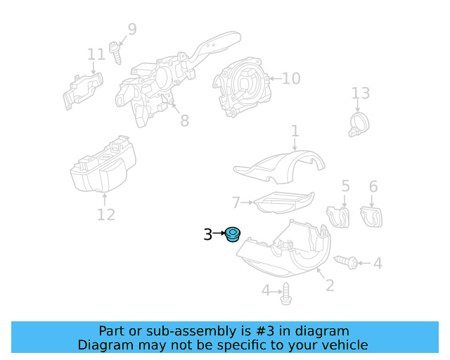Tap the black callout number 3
click(x=207, y=235)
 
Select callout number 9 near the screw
click(x=131, y=30)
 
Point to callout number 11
click(x=96, y=54)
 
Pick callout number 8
click(x=184, y=121)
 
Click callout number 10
click(x=291, y=78)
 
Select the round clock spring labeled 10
click(x=243, y=82)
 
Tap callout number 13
click(x=360, y=94)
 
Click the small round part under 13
click(x=359, y=124)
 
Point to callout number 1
click(x=295, y=131)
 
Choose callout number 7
click(x=236, y=202)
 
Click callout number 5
click(x=345, y=186)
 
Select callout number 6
click(x=373, y=186)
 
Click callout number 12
click(x=105, y=214)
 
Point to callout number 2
click(x=329, y=285)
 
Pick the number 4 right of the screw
click(x=378, y=264)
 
